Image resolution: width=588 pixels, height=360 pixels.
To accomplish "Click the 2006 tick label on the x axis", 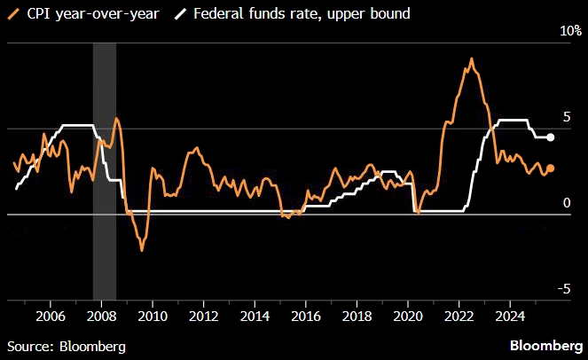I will tap(50, 315).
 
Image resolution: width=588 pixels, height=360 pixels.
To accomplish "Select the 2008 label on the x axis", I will tap(101, 315).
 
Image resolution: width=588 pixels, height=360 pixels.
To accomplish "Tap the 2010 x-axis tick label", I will tap(153, 315).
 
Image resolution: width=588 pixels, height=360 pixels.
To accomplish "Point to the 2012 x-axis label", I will tap(204, 315).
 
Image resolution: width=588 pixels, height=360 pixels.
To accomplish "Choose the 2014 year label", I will tap(255, 315).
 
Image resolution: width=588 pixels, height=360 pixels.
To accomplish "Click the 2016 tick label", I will tap(306, 315).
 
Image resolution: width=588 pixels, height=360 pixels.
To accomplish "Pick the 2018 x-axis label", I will tap(357, 315).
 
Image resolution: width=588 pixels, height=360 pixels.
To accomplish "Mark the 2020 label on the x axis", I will tap(408, 315).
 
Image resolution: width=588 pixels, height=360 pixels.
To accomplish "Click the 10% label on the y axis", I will tap(568, 31).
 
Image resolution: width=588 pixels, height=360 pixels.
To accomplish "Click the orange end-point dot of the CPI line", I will tap(550, 168).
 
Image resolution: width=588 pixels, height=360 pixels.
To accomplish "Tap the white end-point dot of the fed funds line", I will tap(550, 137).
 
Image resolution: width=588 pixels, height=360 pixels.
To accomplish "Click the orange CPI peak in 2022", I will tap(471, 59).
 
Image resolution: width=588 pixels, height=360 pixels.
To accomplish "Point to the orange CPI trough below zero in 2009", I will tap(142, 250).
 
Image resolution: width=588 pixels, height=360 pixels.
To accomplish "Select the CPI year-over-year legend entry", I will tap(84, 14).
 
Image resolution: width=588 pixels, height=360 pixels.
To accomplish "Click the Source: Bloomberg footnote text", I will tap(66, 345).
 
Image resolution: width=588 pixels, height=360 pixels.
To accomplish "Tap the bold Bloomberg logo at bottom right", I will tap(545, 345).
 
